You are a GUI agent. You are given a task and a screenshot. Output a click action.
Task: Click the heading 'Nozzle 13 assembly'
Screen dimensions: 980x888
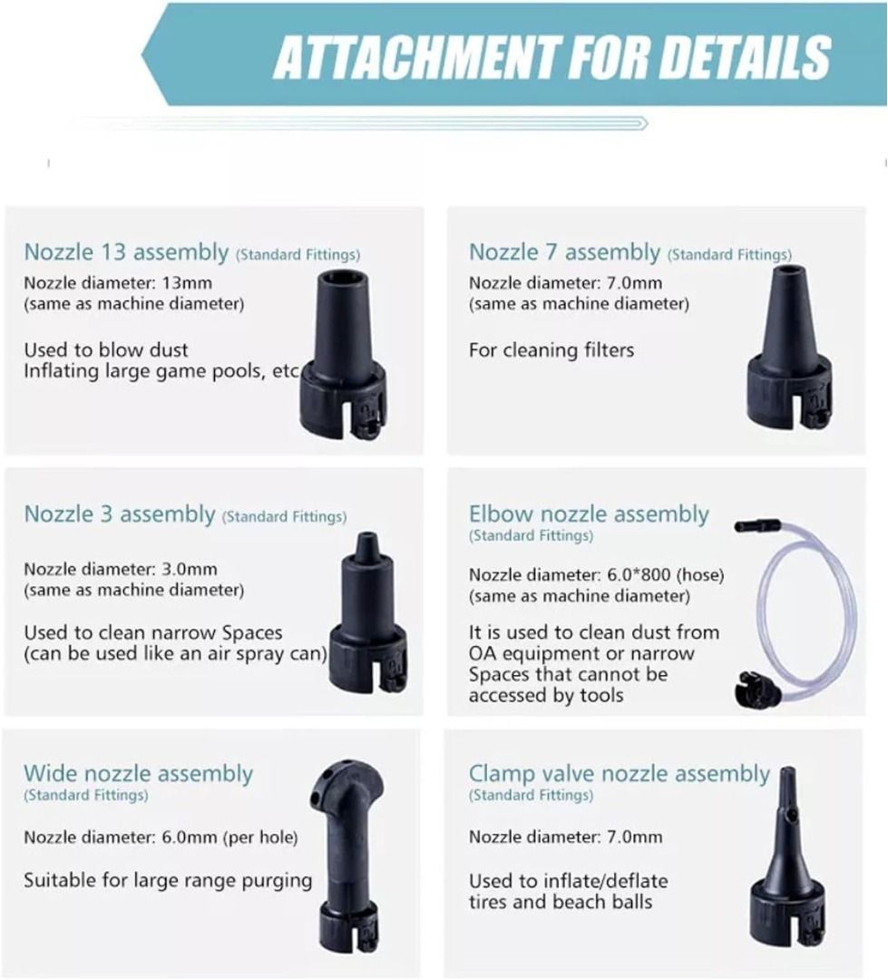click(126, 252)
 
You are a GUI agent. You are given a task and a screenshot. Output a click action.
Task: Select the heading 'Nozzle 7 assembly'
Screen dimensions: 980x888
click(564, 252)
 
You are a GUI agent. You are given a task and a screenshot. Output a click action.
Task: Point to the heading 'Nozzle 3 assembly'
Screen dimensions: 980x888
click(119, 514)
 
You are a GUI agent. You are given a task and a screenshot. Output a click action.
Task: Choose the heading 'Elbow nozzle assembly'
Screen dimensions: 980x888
click(589, 514)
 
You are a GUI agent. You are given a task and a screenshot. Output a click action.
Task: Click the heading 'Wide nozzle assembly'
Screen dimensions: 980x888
click(138, 774)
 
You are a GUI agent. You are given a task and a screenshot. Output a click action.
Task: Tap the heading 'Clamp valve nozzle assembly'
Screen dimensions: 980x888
click(619, 774)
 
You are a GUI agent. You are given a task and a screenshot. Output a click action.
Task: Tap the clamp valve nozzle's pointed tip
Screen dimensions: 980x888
click(786, 779)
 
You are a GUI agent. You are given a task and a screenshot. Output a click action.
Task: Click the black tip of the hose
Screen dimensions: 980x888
click(753, 525)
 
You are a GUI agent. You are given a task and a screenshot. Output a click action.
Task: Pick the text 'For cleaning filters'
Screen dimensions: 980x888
click(551, 349)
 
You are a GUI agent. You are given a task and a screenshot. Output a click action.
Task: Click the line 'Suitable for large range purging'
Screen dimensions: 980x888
click(168, 879)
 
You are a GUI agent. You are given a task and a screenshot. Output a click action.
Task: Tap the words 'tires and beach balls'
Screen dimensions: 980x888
click(560, 901)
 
